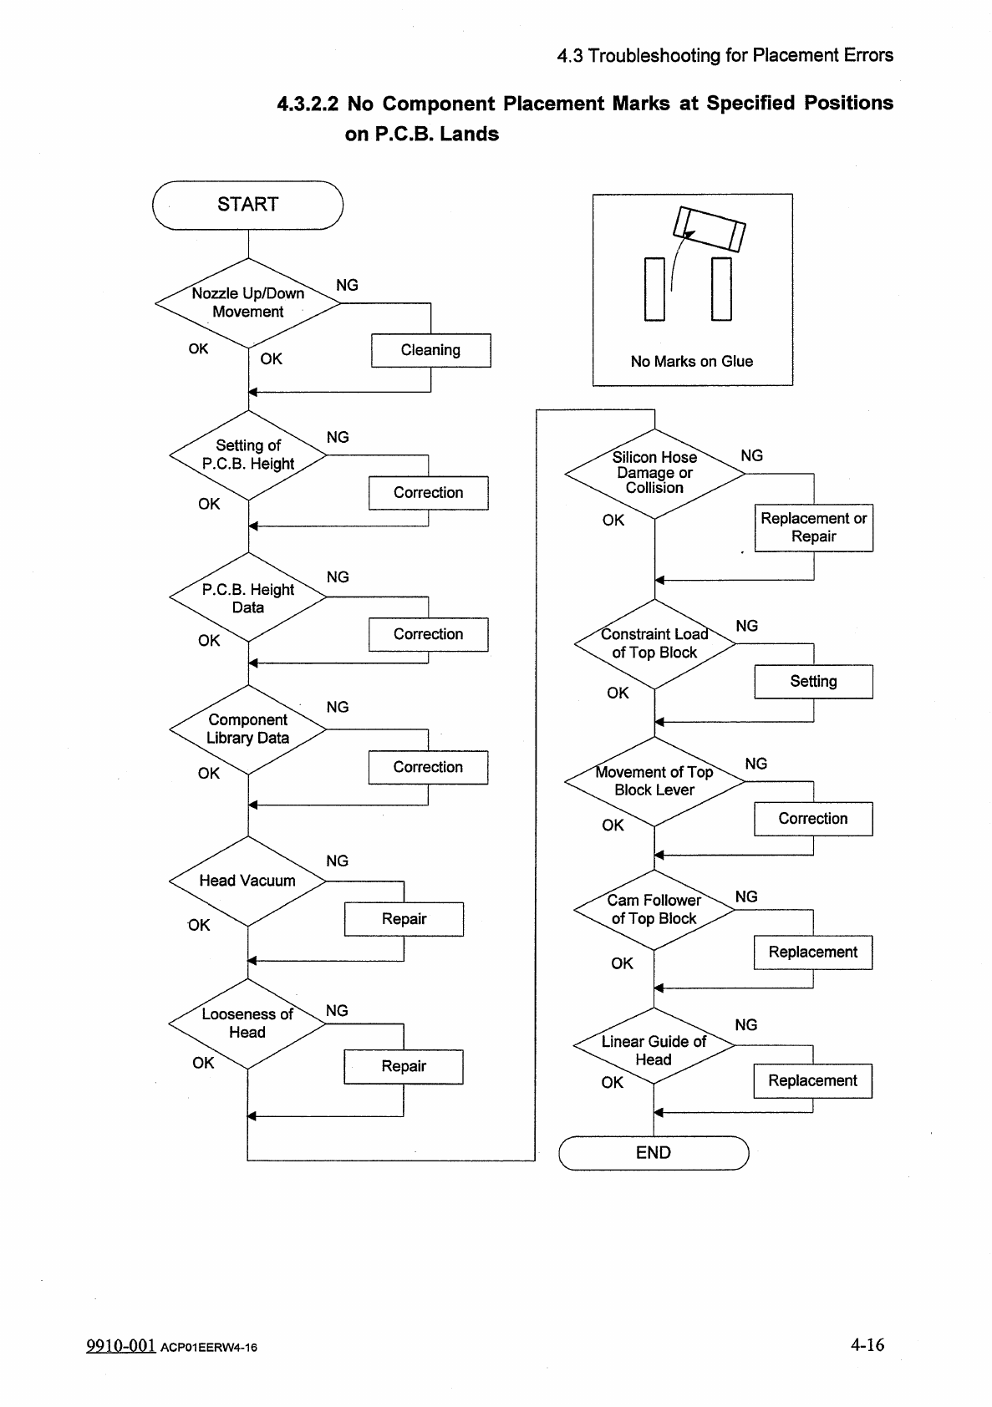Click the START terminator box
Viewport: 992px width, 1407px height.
247,205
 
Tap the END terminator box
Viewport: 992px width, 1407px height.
654,1153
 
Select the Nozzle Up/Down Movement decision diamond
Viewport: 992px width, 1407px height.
248,302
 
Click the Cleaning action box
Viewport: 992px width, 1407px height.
430,350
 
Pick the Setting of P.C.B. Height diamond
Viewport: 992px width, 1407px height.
248,455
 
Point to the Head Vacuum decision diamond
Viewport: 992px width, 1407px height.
247,881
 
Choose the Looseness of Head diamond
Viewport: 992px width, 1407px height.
247,1024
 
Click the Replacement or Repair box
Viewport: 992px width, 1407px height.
813,527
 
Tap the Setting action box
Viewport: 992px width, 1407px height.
813,681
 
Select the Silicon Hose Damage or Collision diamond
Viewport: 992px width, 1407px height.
654,473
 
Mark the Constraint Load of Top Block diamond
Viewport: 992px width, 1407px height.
654,643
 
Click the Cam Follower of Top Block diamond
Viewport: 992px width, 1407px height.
654,909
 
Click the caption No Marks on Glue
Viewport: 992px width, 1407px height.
692,361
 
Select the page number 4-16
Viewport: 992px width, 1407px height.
867,1344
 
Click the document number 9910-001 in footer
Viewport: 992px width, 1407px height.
120,1345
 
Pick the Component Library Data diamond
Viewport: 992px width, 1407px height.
247,729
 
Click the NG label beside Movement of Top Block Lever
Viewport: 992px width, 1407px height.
755,764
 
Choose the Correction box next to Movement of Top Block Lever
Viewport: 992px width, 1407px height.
813,819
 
